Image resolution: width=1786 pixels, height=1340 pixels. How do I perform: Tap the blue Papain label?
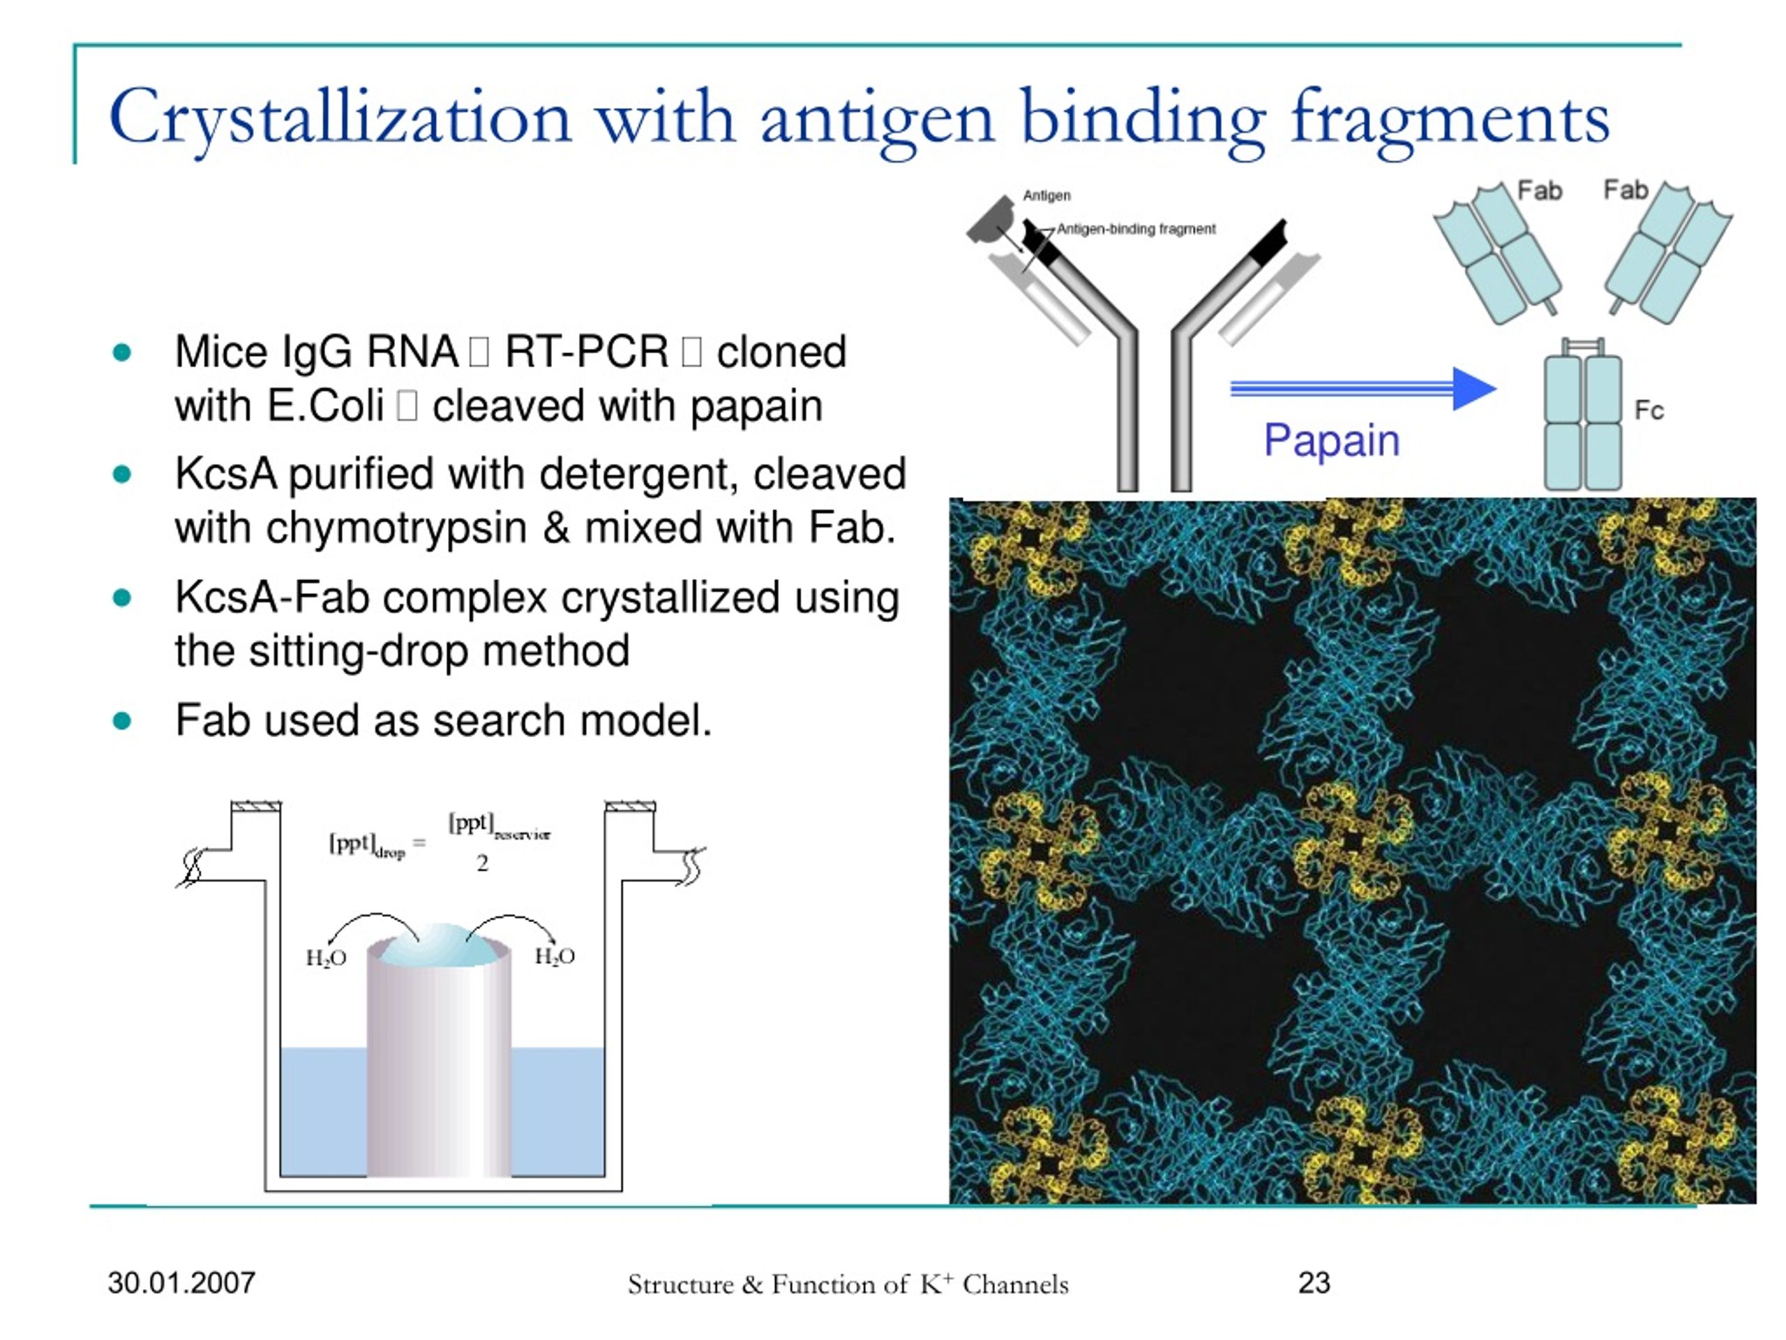[x=1331, y=441]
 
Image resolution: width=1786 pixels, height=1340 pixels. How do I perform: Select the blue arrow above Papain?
[x=1363, y=389]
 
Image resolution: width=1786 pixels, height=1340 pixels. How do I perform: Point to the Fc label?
[x=1649, y=410]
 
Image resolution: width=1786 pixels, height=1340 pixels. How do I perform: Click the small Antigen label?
[x=1046, y=195]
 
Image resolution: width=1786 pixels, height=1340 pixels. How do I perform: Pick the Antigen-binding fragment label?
[x=1136, y=230]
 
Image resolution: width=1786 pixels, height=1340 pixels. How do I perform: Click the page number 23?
[x=1314, y=1283]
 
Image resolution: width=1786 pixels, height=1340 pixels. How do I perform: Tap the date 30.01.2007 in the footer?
[x=181, y=1283]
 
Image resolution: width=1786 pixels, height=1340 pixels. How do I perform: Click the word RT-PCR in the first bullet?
[x=587, y=352]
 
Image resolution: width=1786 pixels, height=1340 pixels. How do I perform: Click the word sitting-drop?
[x=359, y=651]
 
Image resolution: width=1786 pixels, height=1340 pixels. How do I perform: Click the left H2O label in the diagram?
[x=327, y=958]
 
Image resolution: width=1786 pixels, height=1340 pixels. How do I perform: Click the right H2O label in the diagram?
[x=555, y=956]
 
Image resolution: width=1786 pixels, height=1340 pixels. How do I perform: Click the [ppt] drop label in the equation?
[x=366, y=846]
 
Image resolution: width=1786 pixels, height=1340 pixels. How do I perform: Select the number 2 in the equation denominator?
[x=482, y=863]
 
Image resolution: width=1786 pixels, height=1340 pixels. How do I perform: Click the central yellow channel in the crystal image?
[x=1353, y=840]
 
